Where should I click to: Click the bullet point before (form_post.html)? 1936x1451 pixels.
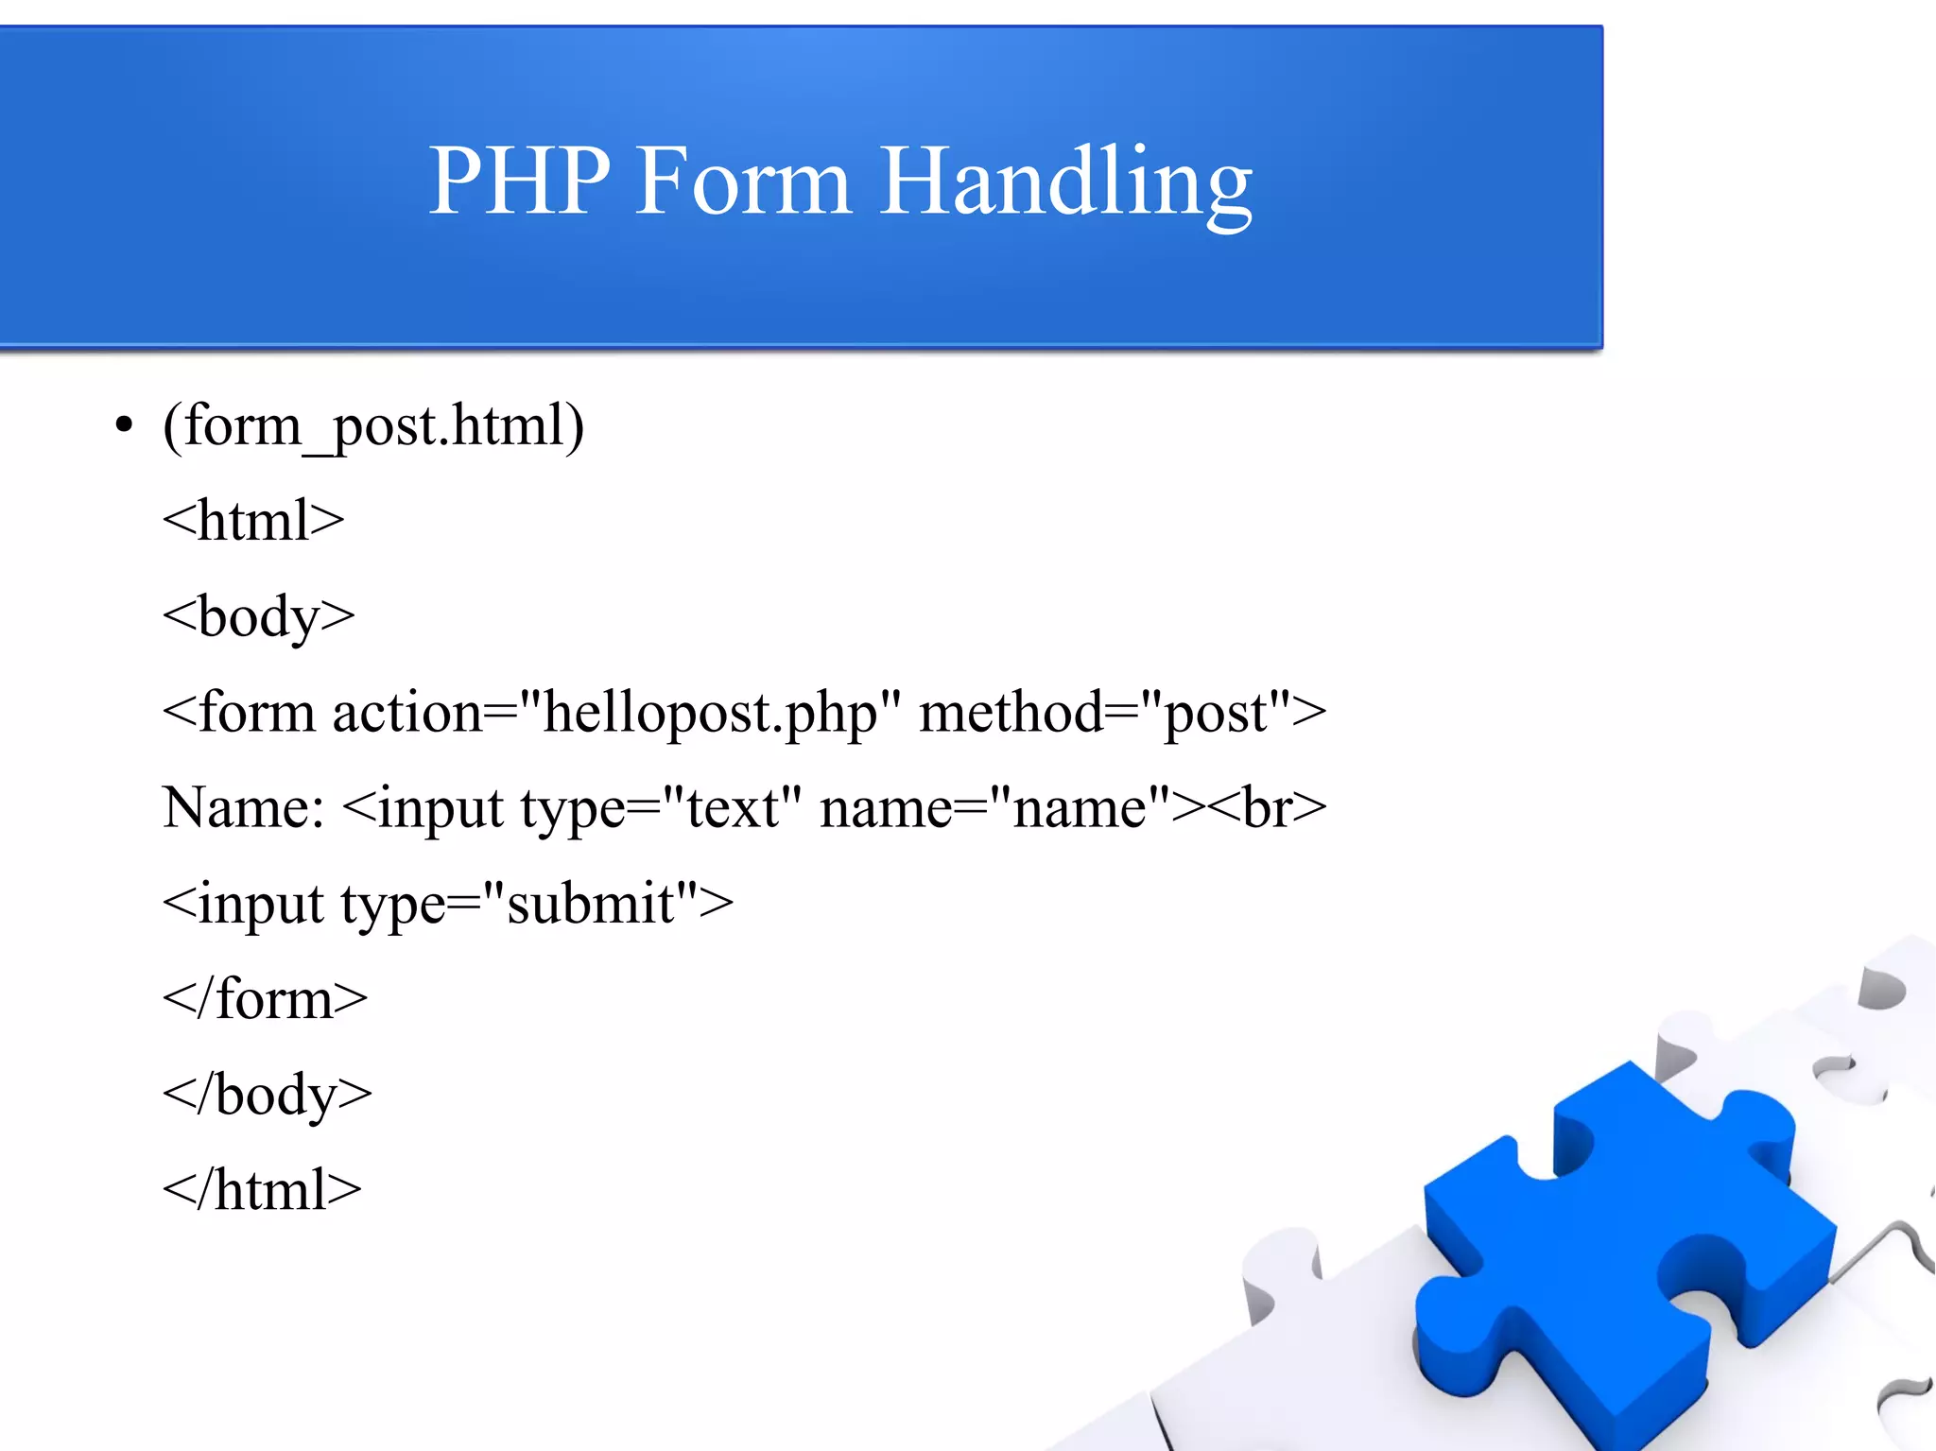point(124,425)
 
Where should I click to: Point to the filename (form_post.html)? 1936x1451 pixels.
point(373,426)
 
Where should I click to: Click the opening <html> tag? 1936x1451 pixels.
point(253,521)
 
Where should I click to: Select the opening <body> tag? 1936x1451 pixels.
point(258,617)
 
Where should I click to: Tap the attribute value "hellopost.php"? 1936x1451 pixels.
point(710,713)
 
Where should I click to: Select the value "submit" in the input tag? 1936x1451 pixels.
point(591,904)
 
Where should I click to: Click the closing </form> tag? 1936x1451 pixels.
point(265,999)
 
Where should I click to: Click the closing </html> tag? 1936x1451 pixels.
point(262,1190)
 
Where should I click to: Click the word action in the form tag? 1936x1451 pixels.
point(407,713)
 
